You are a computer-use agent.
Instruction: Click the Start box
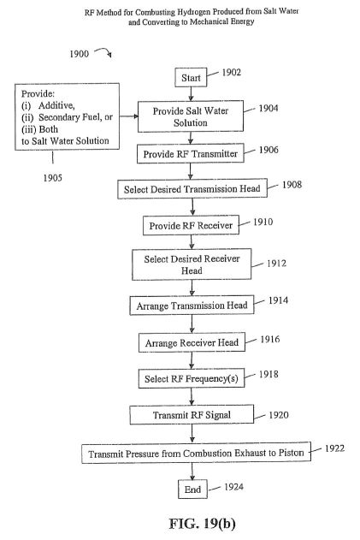pos(191,78)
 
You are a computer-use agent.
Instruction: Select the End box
pos(192,489)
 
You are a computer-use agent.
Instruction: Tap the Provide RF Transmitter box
pos(191,153)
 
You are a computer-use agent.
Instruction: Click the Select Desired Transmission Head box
pos(192,189)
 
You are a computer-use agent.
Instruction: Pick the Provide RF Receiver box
pos(191,226)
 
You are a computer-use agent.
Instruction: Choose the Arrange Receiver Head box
pos(192,342)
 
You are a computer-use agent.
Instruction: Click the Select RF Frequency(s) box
pos(192,379)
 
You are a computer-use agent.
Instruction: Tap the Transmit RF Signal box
pos(192,415)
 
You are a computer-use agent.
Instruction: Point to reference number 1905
pos(53,178)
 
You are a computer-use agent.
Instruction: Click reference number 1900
pos(80,54)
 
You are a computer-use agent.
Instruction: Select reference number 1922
pos(334,448)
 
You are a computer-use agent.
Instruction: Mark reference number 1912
pos(276,264)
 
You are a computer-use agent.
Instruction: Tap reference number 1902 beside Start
pos(231,73)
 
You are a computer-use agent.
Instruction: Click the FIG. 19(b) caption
pos(203,524)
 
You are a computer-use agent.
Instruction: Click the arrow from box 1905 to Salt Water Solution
pos(129,116)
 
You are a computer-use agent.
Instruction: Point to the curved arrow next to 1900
pos(103,51)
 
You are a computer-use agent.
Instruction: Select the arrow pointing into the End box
pos(192,472)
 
